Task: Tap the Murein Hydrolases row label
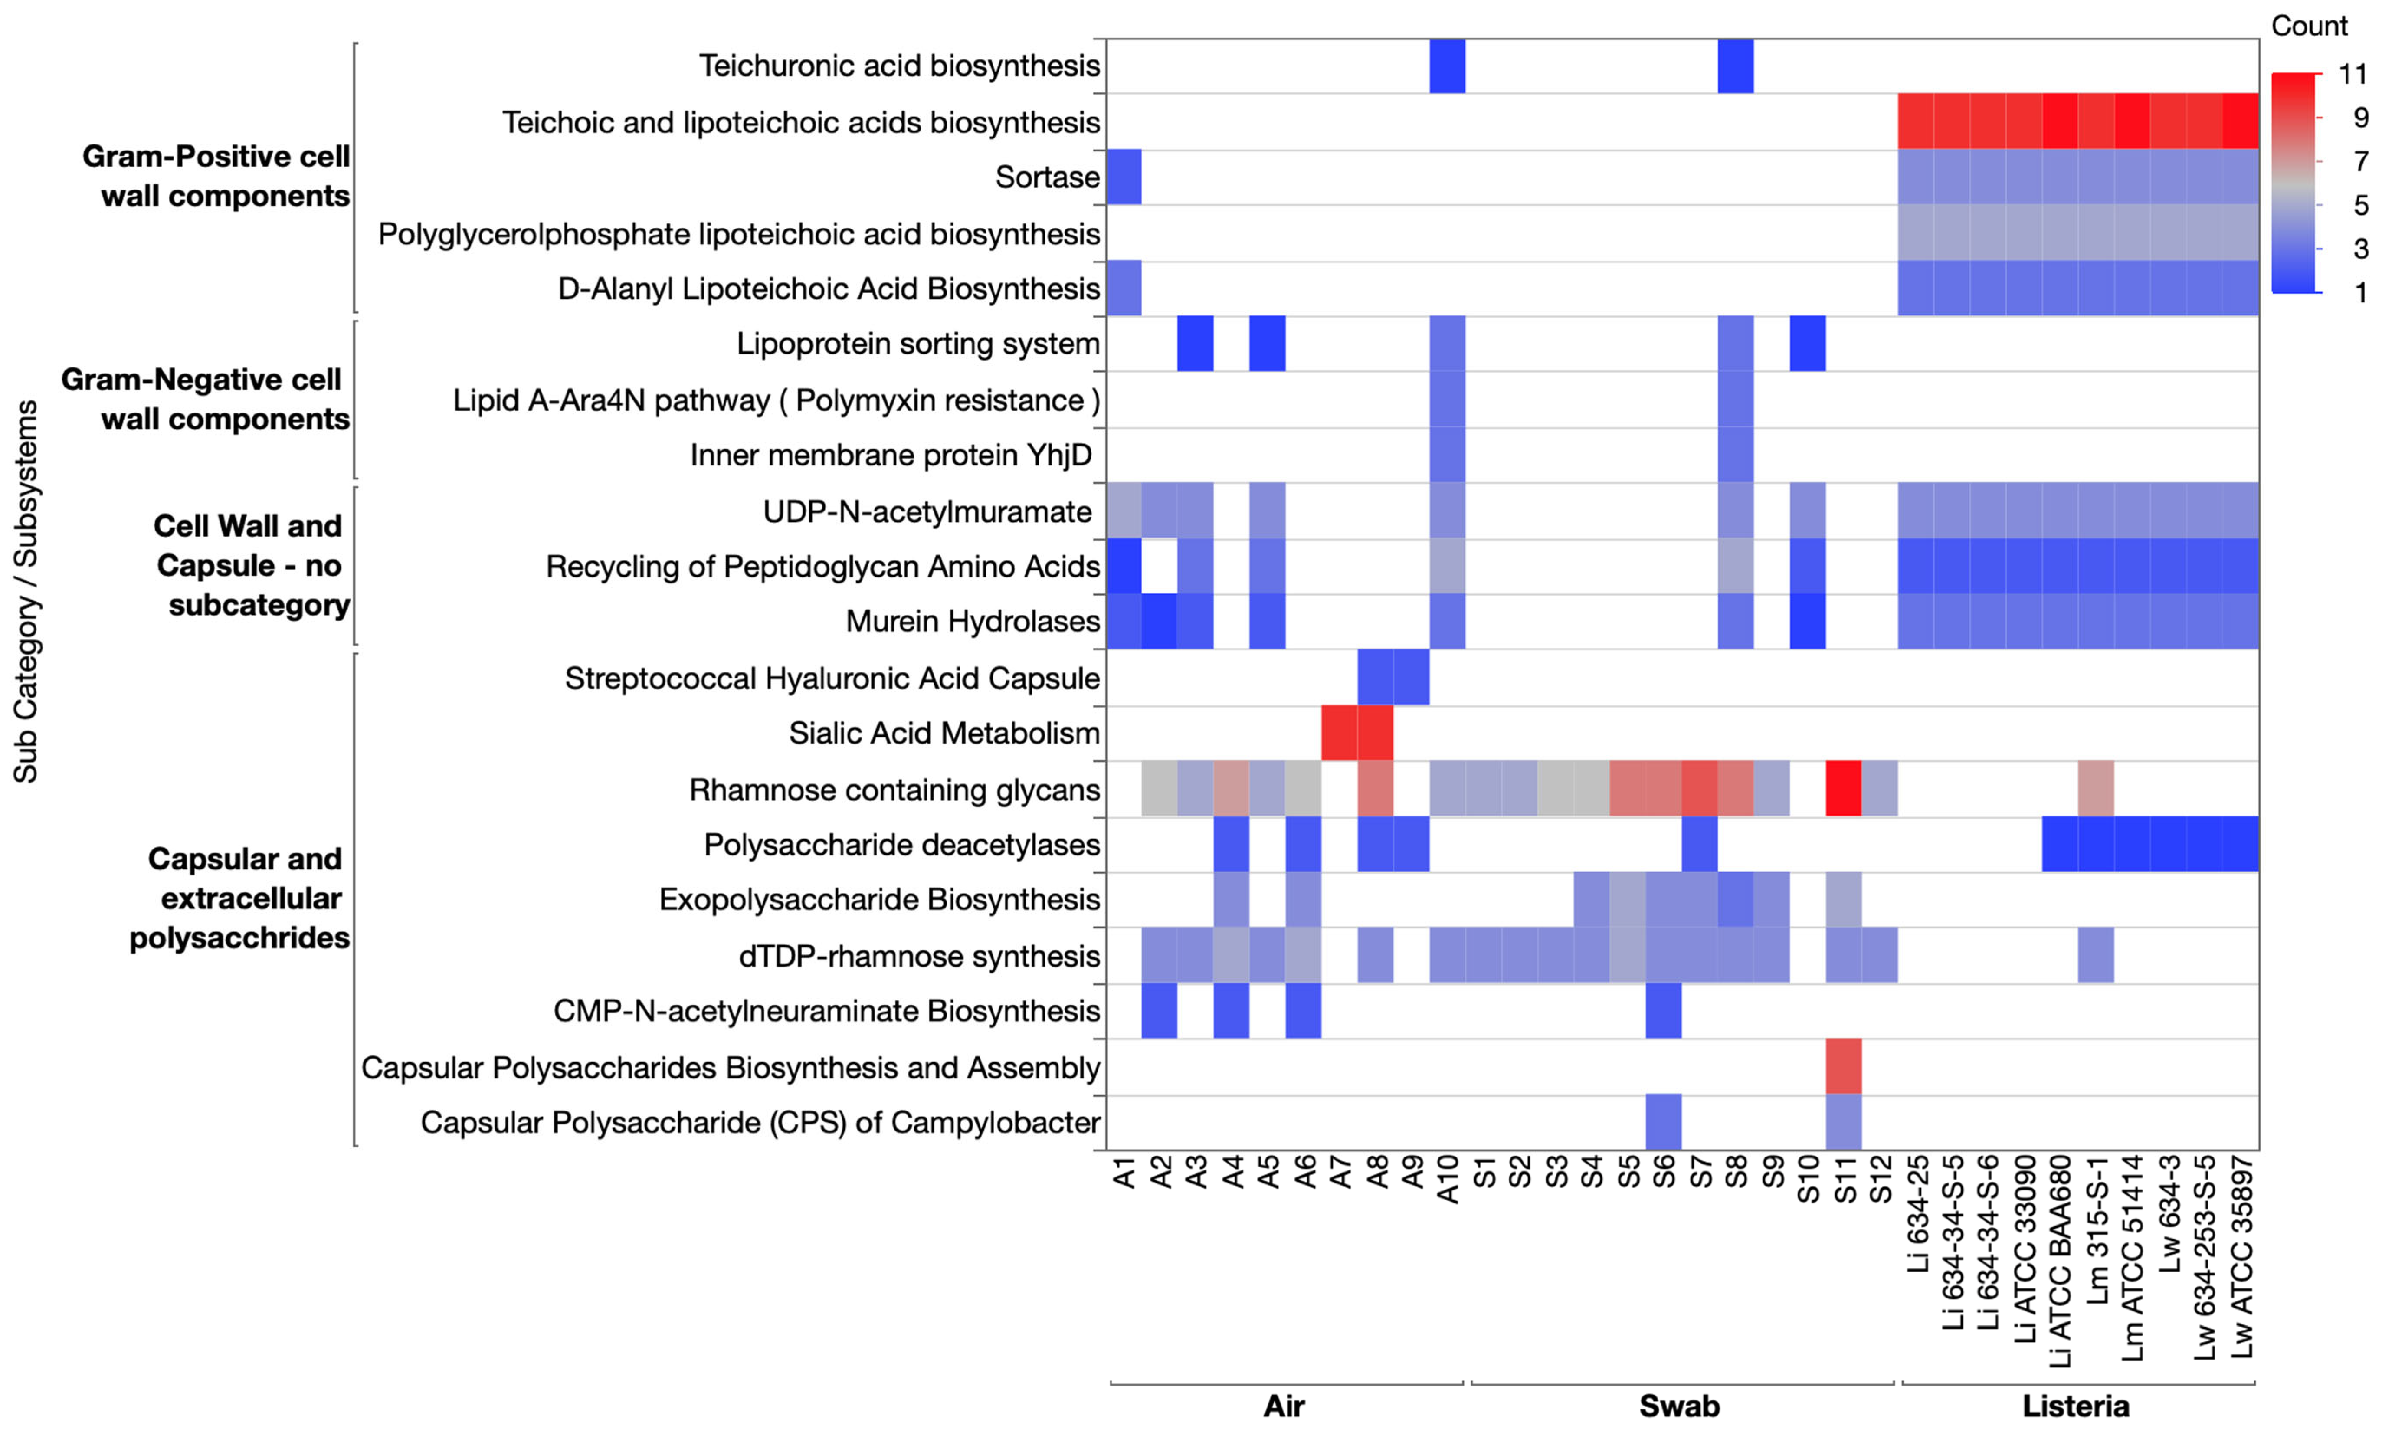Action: (973, 621)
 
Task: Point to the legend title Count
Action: (2309, 26)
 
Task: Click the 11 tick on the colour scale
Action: (2352, 74)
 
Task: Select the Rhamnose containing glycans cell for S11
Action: (1844, 790)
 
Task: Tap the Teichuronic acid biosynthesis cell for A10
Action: (1447, 66)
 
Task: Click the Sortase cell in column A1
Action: (1124, 177)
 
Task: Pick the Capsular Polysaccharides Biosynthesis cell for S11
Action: (1844, 1067)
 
